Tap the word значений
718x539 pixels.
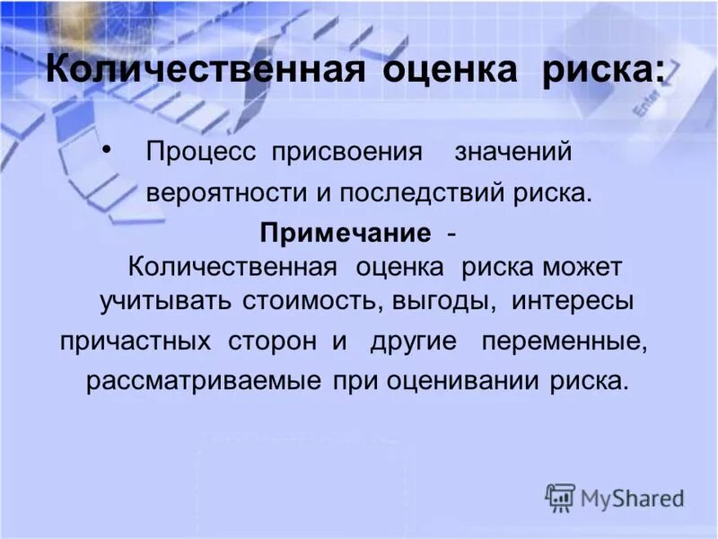[x=512, y=152]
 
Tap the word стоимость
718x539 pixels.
[x=311, y=302]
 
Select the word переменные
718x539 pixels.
[x=564, y=342]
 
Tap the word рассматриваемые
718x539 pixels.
[x=203, y=381]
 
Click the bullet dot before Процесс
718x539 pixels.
[x=109, y=147]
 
